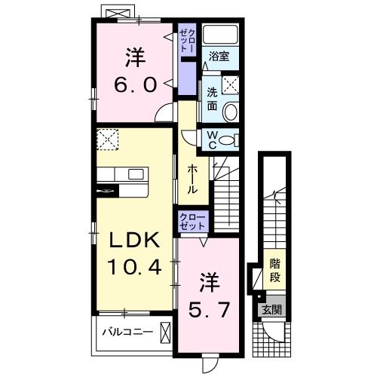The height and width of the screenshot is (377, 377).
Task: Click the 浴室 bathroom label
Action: pos(220,56)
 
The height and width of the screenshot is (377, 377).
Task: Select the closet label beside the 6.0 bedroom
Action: pos(187,41)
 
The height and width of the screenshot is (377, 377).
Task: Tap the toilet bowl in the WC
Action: pos(230,139)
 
